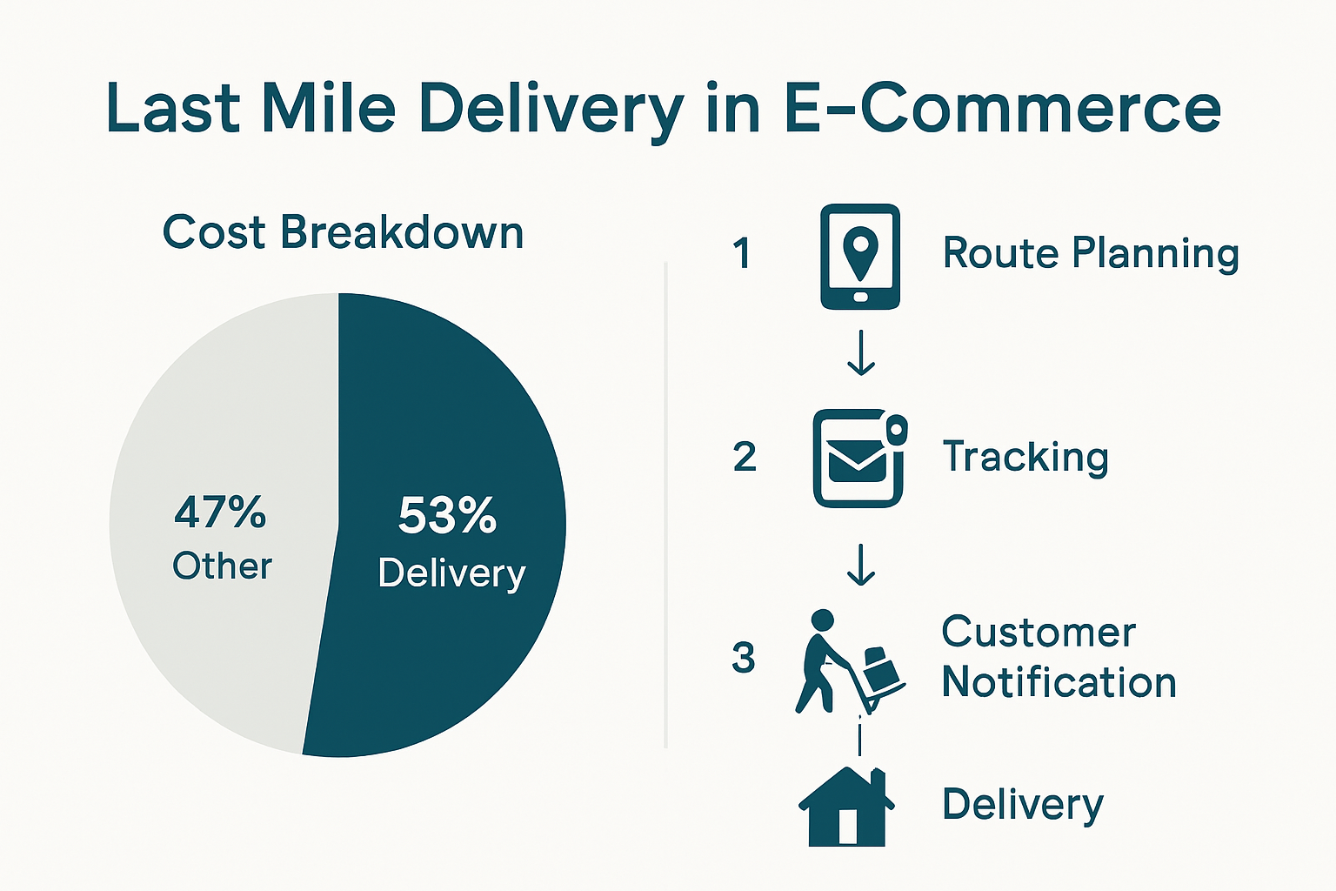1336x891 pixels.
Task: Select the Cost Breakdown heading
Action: pyautogui.click(x=343, y=232)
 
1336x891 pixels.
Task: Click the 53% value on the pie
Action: pyautogui.click(x=447, y=515)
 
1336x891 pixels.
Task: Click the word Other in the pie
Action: pyautogui.click(x=222, y=566)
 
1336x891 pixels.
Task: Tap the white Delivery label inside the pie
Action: pyautogui.click(x=451, y=573)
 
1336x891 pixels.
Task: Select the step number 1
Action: pyautogui.click(x=742, y=254)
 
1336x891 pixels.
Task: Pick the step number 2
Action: pyautogui.click(x=745, y=457)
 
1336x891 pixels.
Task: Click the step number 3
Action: pyautogui.click(x=743, y=657)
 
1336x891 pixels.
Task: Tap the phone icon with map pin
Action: pyautogui.click(x=860, y=257)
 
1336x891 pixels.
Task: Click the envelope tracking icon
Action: pyautogui.click(x=859, y=459)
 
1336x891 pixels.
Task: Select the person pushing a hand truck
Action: pyautogui.click(x=848, y=661)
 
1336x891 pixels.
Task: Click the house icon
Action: pyautogui.click(x=846, y=807)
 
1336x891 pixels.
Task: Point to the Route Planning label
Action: pyautogui.click(x=1091, y=253)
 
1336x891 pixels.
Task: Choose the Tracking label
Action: pyautogui.click(x=1025, y=457)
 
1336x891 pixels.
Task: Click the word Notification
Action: pyautogui.click(x=1059, y=682)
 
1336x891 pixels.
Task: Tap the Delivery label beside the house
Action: pyautogui.click(x=1022, y=804)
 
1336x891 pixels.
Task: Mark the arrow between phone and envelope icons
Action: pyautogui.click(x=861, y=353)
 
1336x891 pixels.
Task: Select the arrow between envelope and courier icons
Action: pyautogui.click(x=861, y=565)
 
